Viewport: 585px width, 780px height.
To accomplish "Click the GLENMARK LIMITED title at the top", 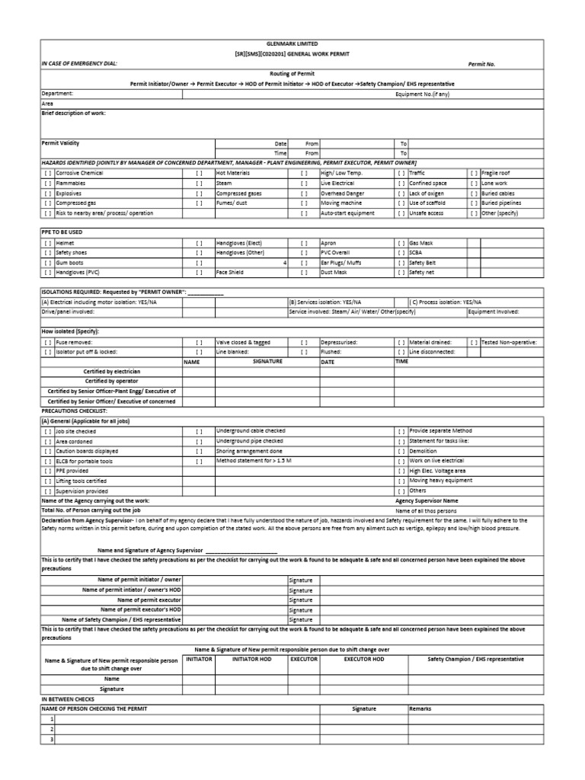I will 293,44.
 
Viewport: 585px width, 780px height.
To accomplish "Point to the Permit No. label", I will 481,64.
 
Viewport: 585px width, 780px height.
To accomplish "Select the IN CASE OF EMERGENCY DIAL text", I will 79,63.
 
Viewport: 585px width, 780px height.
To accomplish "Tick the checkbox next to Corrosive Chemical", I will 47,174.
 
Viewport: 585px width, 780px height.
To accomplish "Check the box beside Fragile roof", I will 475,174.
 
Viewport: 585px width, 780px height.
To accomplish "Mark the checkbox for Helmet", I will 47,242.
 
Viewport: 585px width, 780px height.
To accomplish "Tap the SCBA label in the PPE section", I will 416,252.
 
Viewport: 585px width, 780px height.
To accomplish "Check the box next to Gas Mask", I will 401,242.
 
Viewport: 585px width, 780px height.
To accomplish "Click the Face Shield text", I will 230,272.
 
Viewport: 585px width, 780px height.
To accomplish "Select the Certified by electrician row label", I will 112,371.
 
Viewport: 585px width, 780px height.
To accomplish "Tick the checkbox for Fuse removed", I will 47,342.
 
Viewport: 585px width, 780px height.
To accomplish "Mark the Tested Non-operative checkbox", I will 475,342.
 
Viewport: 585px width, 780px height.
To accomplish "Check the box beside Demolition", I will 401,451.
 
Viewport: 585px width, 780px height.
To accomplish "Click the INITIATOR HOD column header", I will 251,659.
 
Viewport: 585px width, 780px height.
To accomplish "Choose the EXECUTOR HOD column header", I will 364,659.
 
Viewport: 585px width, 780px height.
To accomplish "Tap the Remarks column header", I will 420,708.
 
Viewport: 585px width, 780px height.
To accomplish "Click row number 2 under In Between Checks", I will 52,729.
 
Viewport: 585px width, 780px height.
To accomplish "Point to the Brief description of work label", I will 73,113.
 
